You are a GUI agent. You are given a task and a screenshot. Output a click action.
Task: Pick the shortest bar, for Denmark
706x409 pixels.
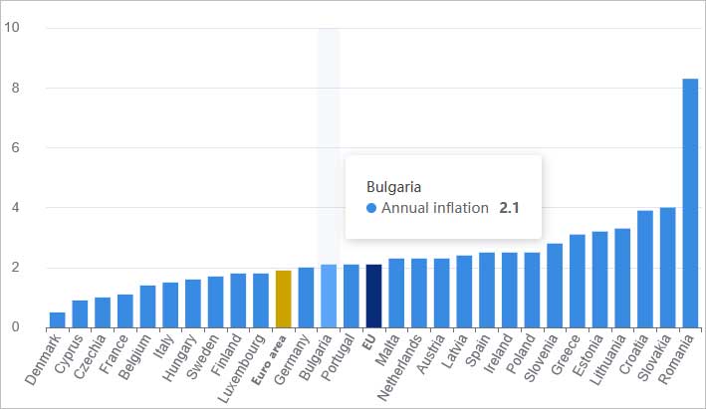pyautogui.click(x=58, y=319)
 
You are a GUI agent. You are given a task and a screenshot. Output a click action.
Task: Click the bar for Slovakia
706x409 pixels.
pyautogui.click(x=667, y=267)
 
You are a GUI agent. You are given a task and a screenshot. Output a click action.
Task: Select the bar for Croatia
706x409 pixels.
pyautogui.click(x=644, y=269)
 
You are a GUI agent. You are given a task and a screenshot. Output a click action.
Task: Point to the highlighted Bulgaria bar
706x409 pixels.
pyautogui.click(x=329, y=296)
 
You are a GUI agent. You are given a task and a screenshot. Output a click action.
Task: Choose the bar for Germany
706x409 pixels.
pyautogui.click(x=306, y=298)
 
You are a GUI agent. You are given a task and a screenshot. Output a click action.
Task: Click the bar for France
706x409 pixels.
pyautogui.click(x=124, y=310)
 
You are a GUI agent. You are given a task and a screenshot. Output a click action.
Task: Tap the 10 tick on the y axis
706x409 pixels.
pyautogui.click(x=11, y=28)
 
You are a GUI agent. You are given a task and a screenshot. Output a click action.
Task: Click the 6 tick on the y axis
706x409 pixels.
pyautogui.click(x=11, y=147)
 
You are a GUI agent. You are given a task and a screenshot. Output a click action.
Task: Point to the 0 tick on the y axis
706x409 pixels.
pyautogui.click(x=11, y=327)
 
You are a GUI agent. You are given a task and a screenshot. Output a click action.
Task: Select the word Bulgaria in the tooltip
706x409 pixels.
pyautogui.click(x=394, y=186)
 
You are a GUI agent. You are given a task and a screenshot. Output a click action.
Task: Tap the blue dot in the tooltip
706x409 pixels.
pyautogui.click(x=372, y=208)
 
